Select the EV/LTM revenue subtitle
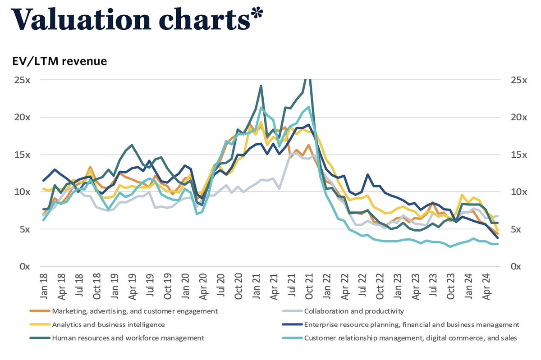click(x=60, y=61)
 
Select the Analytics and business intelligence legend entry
click(x=108, y=324)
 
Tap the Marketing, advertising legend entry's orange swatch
click(x=39, y=311)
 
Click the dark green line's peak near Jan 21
click(x=261, y=86)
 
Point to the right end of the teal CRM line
click(x=497, y=244)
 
